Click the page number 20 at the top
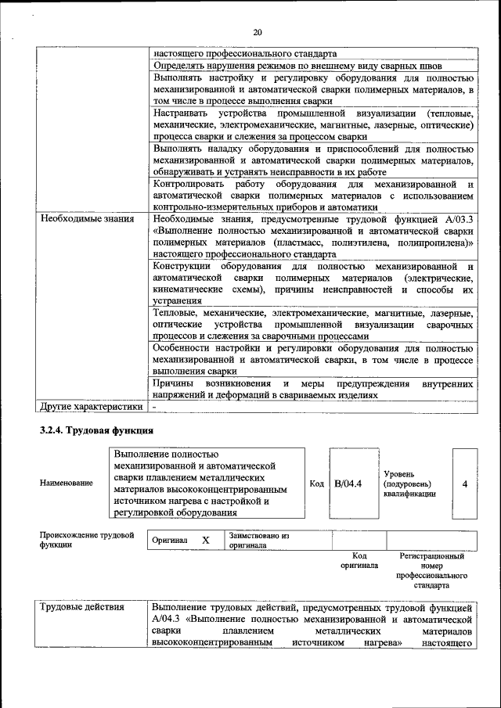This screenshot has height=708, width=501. coord(258,32)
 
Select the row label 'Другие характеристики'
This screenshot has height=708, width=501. coord(92,407)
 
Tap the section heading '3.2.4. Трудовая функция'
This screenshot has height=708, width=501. coord(96,431)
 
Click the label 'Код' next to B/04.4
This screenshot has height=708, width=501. coord(316,483)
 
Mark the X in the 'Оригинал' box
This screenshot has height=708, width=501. coord(206,541)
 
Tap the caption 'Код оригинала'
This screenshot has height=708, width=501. coord(359,560)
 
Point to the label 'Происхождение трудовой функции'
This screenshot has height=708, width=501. coord(86,540)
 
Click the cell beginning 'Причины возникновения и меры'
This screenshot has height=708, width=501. coord(313,390)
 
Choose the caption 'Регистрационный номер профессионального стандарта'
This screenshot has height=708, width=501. coord(431,570)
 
